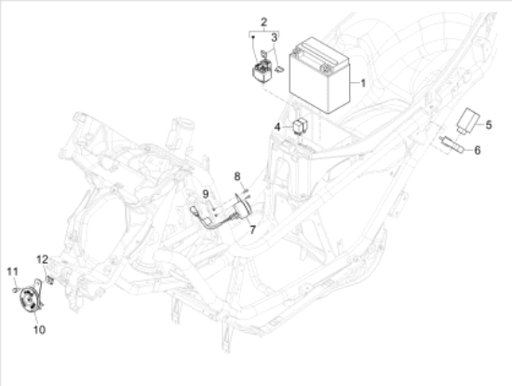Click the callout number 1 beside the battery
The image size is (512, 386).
tap(363, 83)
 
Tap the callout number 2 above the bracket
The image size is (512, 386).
tap(263, 22)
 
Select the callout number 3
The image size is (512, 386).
tap(275, 37)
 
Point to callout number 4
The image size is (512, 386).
tap(277, 127)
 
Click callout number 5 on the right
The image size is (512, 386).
tap(489, 125)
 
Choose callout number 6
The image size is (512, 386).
tap(477, 150)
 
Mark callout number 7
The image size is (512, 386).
tap(252, 230)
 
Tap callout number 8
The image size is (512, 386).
tap(237, 176)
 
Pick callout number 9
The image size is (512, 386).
tap(206, 194)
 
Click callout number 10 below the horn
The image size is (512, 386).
tap(39, 329)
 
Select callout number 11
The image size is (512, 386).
tap(12, 271)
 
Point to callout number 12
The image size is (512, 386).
tap(43, 260)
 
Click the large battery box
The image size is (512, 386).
tap(319, 76)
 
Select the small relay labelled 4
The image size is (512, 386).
tap(299, 127)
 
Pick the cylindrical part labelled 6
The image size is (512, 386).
tap(452, 145)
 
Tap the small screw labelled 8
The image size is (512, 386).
tap(246, 189)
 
